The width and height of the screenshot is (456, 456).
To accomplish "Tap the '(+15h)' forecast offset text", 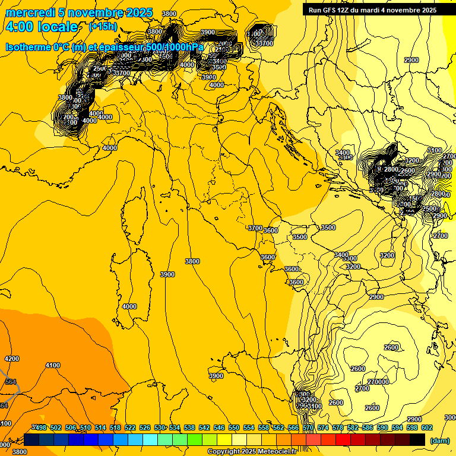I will pos(103,27).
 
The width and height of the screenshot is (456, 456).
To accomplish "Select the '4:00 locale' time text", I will pos(42,27).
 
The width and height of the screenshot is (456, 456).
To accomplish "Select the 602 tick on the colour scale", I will pos(427,427).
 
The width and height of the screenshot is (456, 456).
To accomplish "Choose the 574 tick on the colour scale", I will pos(323,427).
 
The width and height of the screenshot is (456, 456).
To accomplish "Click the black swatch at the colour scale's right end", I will pos(418,439).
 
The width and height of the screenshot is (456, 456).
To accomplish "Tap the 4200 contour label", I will pos(12,359).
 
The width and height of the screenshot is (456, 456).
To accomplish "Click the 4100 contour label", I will pos(53,365).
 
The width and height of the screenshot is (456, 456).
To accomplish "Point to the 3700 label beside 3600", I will pos(255,228).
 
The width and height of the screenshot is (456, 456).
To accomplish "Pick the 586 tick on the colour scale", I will pos(368,427).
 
